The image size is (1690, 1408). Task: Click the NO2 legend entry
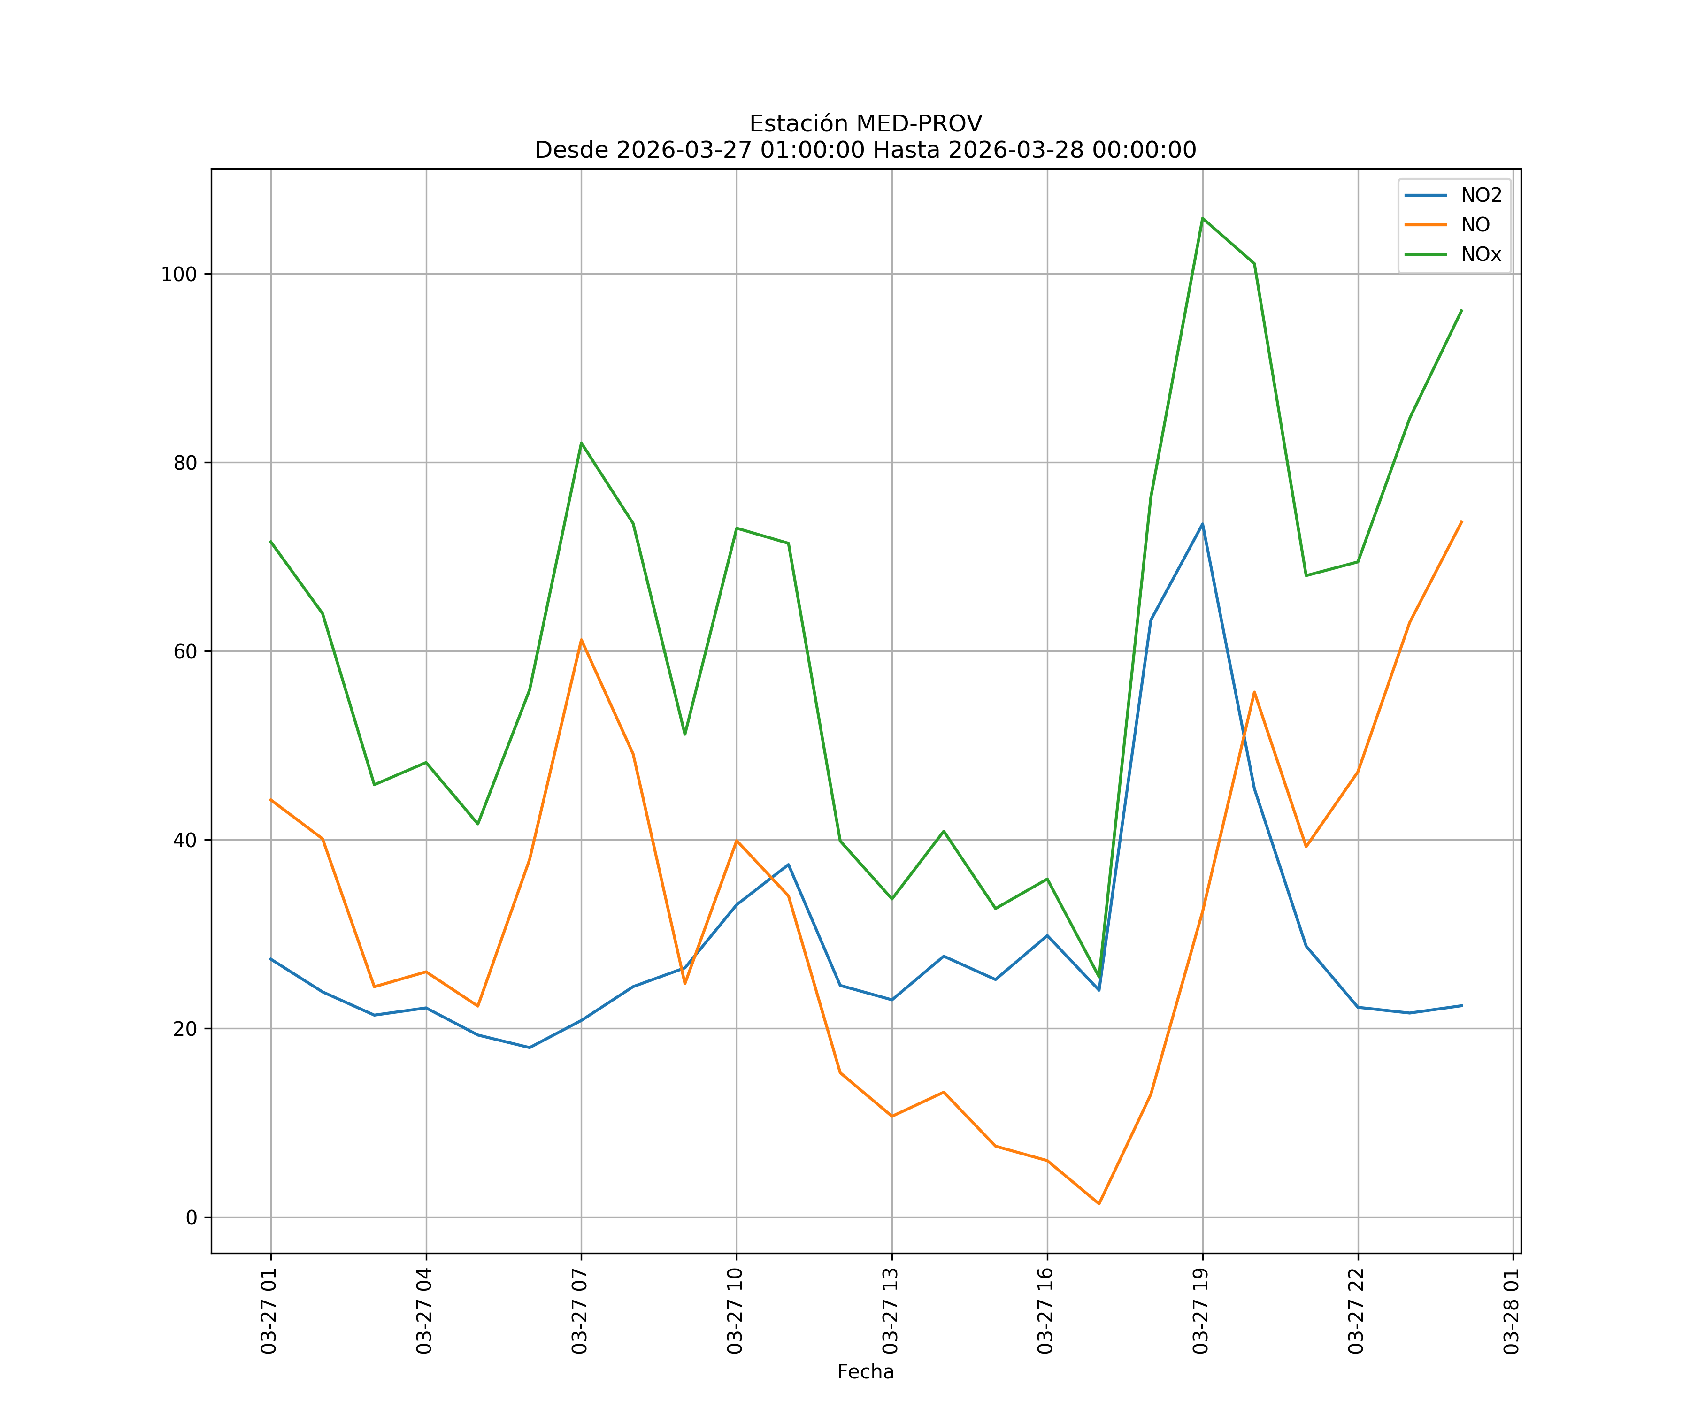1481,196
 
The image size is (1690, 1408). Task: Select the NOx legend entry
1481,255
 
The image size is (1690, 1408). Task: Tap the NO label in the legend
1475,225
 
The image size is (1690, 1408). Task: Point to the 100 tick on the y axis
179,275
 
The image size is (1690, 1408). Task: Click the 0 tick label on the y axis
191,1218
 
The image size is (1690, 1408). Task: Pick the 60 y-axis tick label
185,652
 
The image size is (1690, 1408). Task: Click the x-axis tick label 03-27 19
1201,1311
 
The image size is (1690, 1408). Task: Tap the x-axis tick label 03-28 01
1512,1311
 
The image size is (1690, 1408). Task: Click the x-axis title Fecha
865,1372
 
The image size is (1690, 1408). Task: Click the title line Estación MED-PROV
865,124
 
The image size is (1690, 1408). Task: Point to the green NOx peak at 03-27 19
1202,218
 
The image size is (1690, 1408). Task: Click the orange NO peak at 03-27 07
581,641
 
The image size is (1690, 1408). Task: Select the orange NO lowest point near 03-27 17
1098,1204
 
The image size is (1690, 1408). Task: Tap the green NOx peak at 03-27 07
581,444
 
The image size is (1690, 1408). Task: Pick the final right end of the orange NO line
1461,521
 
